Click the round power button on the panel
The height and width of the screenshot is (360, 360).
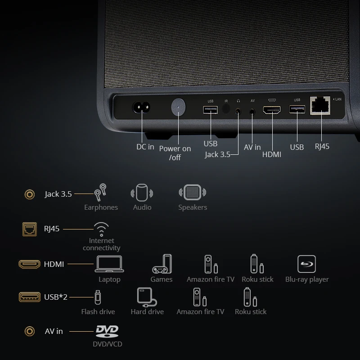tap(179, 108)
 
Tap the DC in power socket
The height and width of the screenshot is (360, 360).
tap(140, 108)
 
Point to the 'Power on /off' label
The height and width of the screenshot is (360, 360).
tap(175, 153)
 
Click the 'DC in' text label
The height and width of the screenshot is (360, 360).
tap(145, 147)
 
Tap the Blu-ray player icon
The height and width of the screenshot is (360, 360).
tap(307, 264)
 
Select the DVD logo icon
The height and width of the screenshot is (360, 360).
tap(107, 332)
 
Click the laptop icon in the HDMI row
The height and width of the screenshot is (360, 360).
tap(109, 264)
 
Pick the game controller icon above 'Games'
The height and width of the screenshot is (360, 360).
tap(162, 264)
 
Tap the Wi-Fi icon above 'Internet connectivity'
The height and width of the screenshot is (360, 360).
tap(101, 229)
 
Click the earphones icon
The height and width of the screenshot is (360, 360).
tap(100, 193)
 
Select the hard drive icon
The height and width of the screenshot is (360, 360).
tap(147, 297)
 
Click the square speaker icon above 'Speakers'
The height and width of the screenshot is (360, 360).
tap(192, 193)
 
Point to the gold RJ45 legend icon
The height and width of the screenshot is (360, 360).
tap(30, 229)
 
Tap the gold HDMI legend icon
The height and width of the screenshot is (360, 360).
tap(30, 264)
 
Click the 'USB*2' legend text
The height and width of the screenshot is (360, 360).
tap(56, 297)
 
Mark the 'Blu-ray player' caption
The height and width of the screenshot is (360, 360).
tap(307, 279)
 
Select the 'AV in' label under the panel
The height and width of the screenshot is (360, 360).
tap(252, 147)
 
